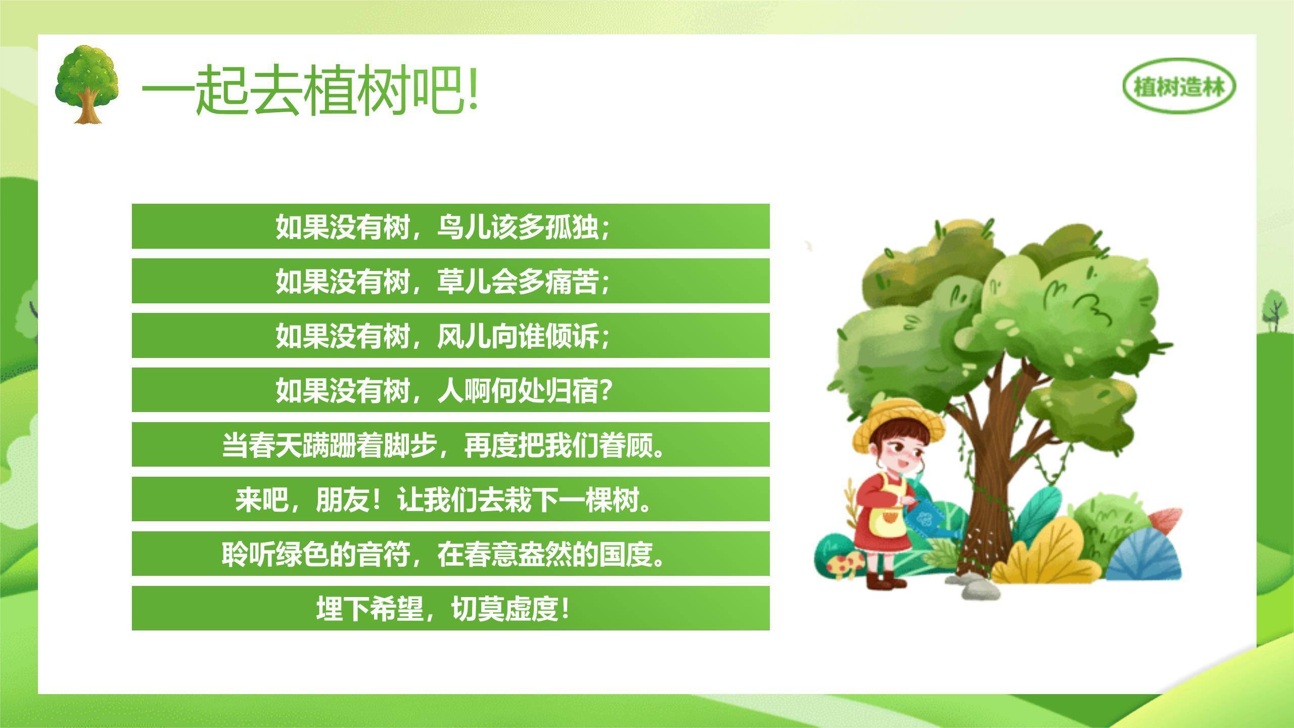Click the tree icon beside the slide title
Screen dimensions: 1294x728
click(87, 84)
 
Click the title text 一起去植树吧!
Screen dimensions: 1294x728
click(310, 90)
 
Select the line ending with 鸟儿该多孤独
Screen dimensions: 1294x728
click(443, 226)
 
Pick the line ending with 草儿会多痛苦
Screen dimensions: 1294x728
click(443, 281)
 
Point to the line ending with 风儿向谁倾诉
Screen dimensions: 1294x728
click(443, 336)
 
